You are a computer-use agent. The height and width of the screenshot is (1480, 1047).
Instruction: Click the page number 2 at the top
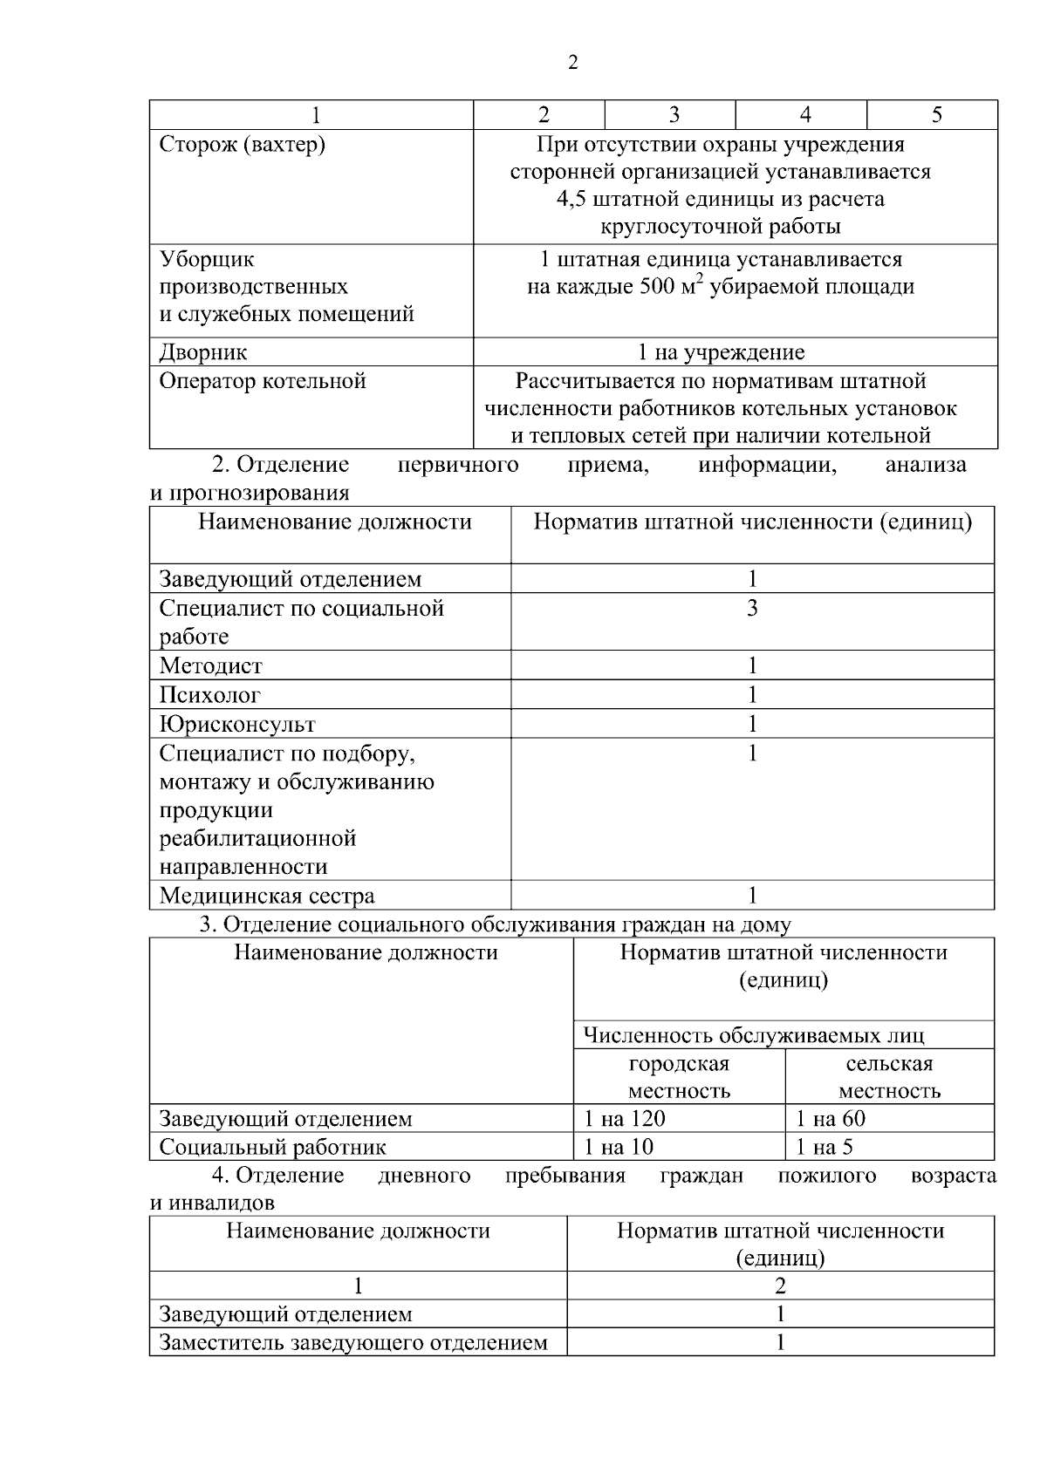pos(572,63)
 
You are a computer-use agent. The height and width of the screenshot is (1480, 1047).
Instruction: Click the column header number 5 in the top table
pos(936,115)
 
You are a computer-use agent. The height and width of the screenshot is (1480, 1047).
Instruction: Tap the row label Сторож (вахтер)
pos(242,145)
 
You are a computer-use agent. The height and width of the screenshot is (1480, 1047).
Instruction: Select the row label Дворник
pos(202,352)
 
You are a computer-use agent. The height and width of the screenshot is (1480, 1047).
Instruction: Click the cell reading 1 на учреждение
pos(721,352)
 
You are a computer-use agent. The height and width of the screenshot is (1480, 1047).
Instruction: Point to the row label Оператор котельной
pos(262,381)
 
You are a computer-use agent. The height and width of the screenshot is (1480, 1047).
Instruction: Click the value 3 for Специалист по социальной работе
pos(752,608)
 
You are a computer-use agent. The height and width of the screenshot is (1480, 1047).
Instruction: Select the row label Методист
pos(210,666)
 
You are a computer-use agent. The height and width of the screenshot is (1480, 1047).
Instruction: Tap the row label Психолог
pos(209,695)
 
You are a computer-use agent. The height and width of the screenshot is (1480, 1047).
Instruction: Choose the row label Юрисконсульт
pos(236,724)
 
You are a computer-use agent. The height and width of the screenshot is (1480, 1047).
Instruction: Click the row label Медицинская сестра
pos(266,896)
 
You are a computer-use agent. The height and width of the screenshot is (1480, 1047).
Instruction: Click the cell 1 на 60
pos(830,1119)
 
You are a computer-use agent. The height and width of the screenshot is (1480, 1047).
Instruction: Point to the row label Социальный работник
pos(272,1147)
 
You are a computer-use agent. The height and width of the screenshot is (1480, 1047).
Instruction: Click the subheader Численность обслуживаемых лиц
pos(753,1036)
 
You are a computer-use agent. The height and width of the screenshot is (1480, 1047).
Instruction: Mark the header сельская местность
pos(889,1077)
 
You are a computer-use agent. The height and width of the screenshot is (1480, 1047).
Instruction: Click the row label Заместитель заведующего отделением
pos(352,1342)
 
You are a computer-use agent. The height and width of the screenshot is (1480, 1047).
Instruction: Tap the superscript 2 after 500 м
pos(699,279)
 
